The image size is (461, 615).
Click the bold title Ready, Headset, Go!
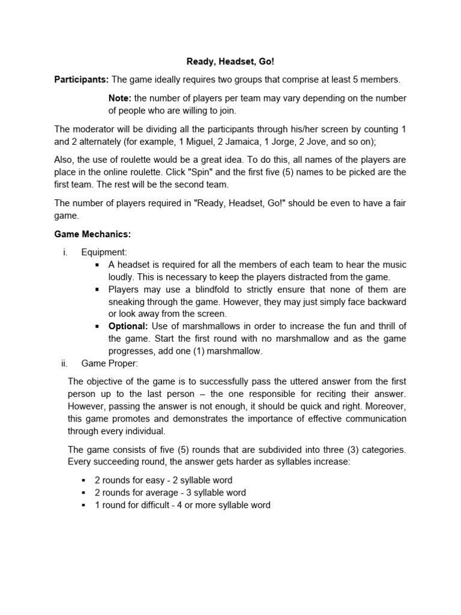coord(230,61)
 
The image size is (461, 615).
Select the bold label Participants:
coord(82,79)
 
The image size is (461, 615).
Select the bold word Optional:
coord(128,326)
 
